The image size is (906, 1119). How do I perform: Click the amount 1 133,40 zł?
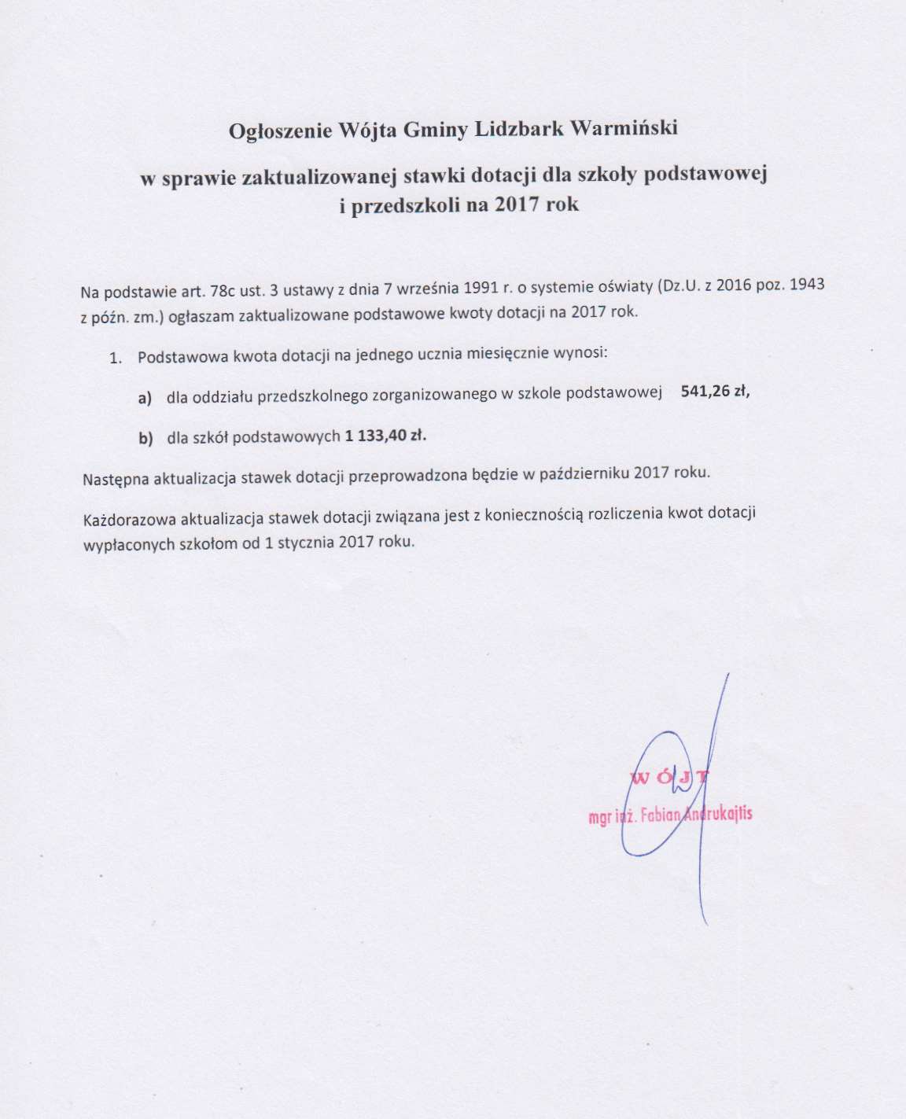coord(385,436)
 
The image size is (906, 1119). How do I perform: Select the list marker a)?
coord(145,399)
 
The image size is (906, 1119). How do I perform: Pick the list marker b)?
coord(145,439)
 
